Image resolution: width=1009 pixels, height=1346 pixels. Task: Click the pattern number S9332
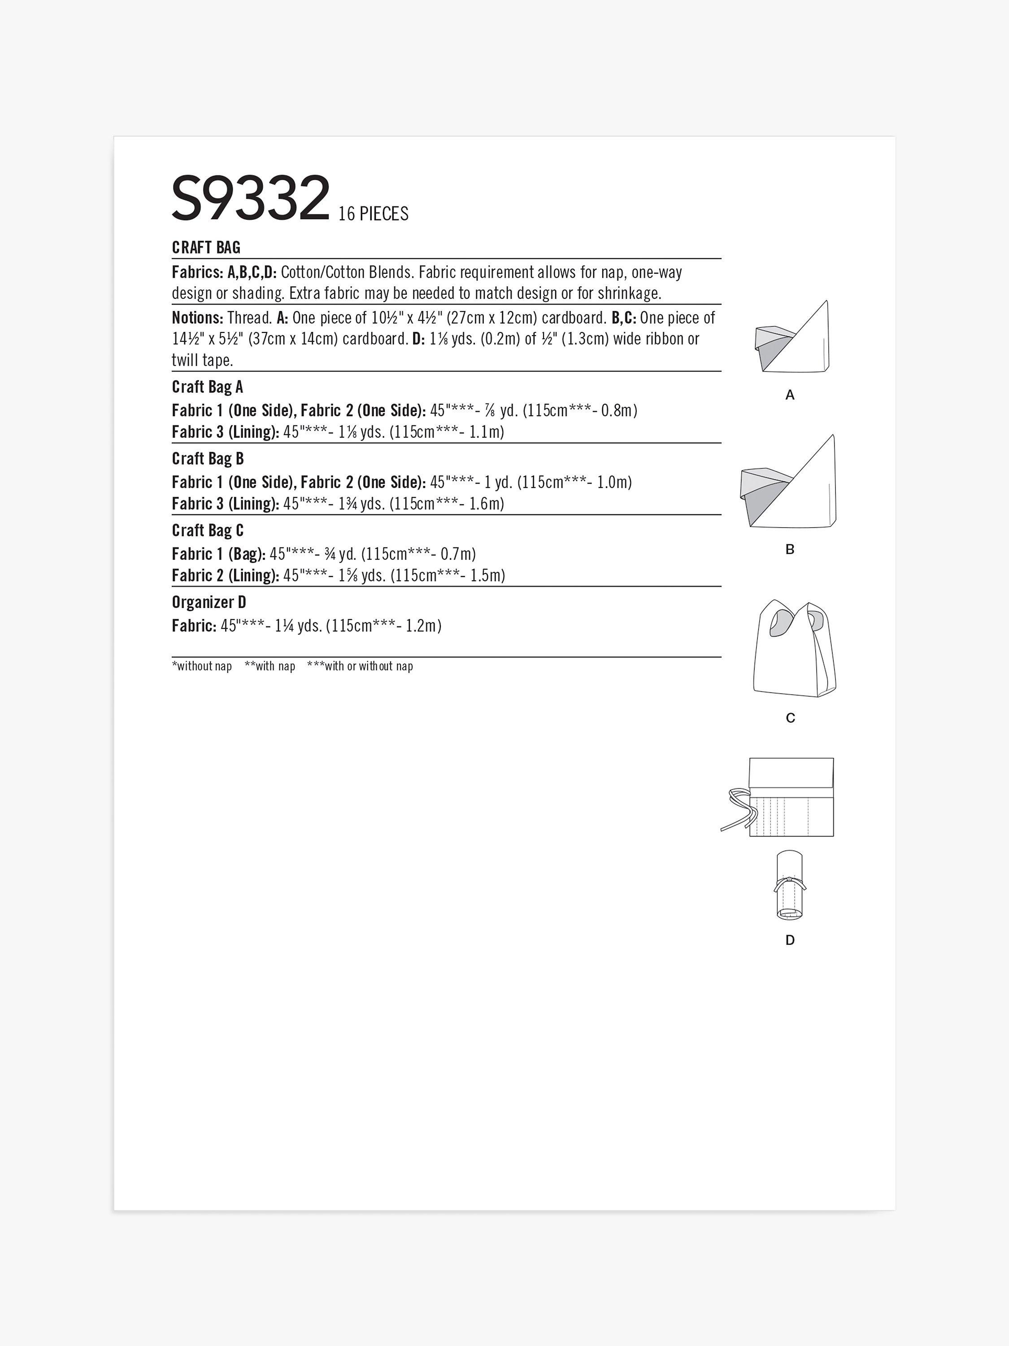pos(251,198)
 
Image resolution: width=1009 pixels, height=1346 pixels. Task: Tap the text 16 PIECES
pos(373,214)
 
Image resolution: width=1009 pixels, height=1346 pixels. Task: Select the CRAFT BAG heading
pos(206,248)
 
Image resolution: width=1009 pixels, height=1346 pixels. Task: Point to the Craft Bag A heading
pos(207,387)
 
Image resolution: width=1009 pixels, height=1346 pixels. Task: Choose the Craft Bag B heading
pos(207,459)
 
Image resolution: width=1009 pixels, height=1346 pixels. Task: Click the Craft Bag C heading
pos(207,531)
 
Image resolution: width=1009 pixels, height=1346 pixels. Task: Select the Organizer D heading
pos(209,603)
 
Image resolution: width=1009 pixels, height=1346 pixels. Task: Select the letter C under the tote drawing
pos(790,718)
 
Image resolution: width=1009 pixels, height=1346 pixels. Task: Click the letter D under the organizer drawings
pos(789,940)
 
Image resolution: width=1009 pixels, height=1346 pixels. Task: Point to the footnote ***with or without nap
pos(360,666)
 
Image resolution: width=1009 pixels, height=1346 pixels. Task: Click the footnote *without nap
pos(202,666)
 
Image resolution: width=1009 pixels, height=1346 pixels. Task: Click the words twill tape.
pos(202,360)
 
